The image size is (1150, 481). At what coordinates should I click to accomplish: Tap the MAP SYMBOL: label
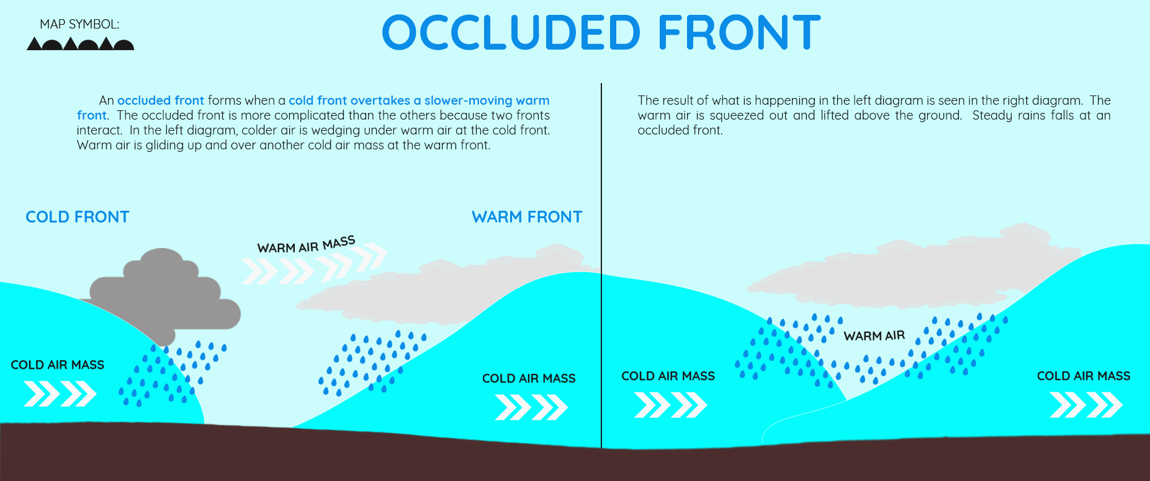(x=79, y=24)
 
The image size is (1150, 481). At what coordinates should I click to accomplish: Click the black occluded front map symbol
(x=80, y=44)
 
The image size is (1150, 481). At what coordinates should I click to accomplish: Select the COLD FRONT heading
(x=78, y=217)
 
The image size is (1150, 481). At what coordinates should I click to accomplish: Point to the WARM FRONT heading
(x=527, y=217)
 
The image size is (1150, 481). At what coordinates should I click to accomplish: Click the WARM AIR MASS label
(x=306, y=245)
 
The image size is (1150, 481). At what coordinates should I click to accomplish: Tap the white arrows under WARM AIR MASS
(x=314, y=265)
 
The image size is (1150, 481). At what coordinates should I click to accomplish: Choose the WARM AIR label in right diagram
(x=874, y=336)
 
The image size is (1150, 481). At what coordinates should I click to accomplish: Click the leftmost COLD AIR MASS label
(x=58, y=365)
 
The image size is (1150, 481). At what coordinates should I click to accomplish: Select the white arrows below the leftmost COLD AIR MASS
(x=60, y=394)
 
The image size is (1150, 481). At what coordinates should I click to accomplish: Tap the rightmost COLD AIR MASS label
(x=1084, y=376)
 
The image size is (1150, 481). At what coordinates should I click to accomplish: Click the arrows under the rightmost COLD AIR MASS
(x=1086, y=405)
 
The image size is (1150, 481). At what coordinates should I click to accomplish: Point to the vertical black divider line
(x=601, y=265)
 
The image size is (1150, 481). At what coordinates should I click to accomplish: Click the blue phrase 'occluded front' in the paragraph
(x=161, y=100)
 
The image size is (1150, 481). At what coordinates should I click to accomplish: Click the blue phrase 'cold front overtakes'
(x=349, y=100)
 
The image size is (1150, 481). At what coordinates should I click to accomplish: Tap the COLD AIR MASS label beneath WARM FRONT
(x=529, y=379)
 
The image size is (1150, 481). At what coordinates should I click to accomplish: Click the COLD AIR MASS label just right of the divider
(x=668, y=376)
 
